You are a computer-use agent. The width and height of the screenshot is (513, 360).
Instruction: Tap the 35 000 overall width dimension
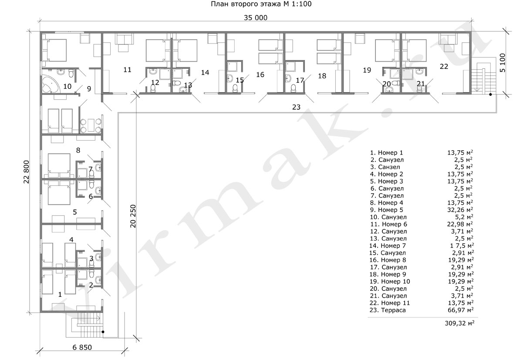[256, 18]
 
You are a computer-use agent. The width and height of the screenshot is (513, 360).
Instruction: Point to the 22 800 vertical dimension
[26, 172]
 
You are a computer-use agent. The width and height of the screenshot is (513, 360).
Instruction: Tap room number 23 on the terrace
[296, 107]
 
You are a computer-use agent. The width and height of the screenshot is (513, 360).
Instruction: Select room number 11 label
[127, 70]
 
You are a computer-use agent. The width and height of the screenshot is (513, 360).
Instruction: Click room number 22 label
[444, 66]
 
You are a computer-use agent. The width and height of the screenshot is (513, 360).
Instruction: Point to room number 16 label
[260, 75]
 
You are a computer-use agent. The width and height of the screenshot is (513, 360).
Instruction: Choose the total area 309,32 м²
[459, 324]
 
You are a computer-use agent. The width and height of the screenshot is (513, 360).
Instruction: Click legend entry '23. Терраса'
[388, 310]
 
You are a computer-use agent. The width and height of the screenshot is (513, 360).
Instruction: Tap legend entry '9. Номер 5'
[386, 210]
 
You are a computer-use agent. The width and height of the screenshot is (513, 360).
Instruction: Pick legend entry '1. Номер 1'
[386, 153]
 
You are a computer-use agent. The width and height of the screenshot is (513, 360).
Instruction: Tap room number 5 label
[74, 212]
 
